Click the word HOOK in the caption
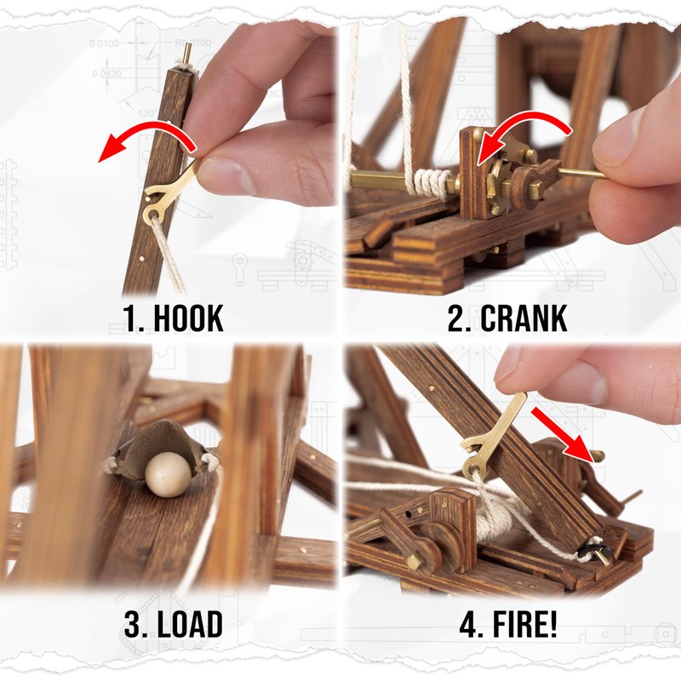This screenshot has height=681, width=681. (188, 318)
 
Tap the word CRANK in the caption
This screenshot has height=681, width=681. (524, 318)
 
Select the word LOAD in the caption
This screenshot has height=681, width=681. (190, 624)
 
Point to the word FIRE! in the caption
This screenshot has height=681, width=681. (524, 624)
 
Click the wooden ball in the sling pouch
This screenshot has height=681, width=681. (168, 474)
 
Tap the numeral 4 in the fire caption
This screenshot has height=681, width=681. (472, 625)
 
